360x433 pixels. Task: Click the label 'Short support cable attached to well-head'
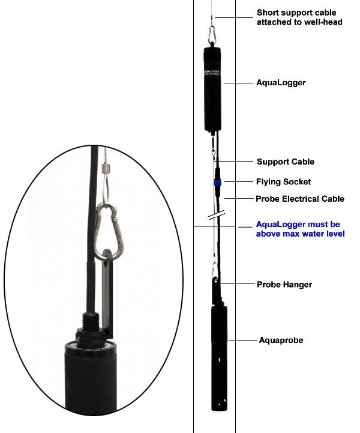[296, 17]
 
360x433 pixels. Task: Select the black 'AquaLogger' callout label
[281, 83]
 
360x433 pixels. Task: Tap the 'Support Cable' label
[286, 162]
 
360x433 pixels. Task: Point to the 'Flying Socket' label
[284, 181]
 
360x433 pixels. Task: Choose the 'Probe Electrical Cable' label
[300, 199]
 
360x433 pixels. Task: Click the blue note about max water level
[300, 229]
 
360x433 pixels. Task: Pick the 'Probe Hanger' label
[284, 285]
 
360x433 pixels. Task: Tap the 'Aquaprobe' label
[281, 340]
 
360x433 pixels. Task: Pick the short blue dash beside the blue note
[244, 227]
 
